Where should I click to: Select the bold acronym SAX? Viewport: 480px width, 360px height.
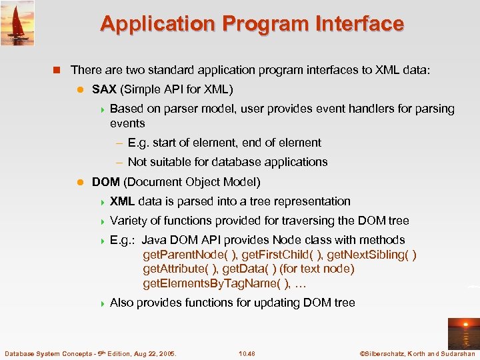tap(104, 89)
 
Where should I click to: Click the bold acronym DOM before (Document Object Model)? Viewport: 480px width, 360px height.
tap(105, 182)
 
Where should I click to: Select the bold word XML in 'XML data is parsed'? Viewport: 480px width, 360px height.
tap(122, 201)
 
